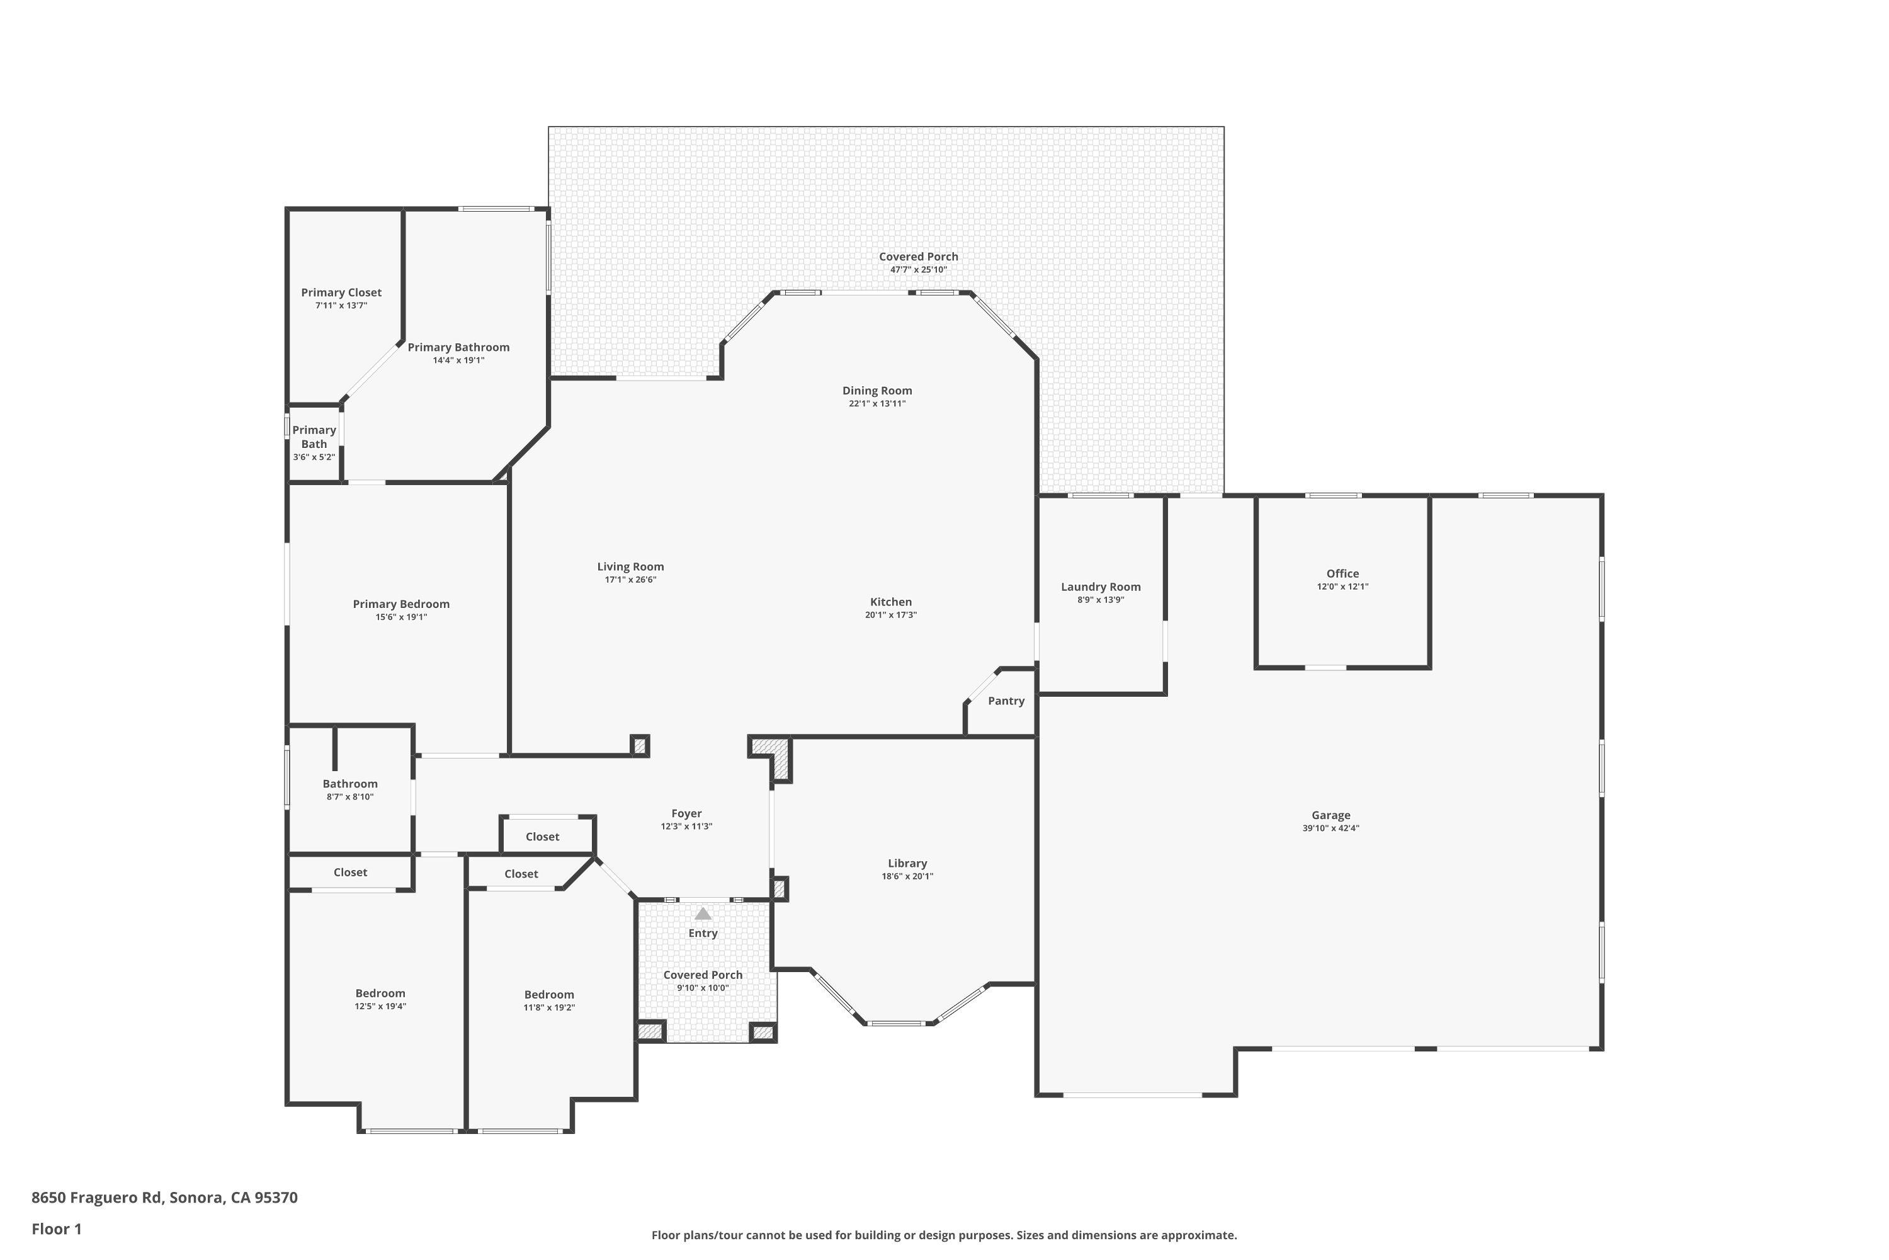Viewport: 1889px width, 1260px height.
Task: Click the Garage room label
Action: click(x=1331, y=815)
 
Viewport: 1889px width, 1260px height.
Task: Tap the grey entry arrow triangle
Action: click(x=703, y=913)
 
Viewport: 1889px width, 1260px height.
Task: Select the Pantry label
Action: click(x=1006, y=701)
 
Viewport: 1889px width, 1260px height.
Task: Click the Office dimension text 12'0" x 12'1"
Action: click(x=1342, y=587)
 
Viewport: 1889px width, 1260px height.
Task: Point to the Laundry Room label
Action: click(x=1100, y=587)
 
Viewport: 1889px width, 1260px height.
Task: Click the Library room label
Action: click(x=907, y=863)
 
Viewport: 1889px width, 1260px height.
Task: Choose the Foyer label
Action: click(x=686, y=813)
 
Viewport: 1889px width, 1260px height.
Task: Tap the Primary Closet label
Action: click(x=341, y=292)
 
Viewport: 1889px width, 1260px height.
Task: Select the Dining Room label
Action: click(x=877, y=391)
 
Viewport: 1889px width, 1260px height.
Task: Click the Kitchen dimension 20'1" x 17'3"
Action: click(x=891, y=615)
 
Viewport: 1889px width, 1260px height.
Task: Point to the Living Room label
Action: click(x=630, y=566)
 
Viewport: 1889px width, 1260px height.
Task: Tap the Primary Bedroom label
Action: click(x=400, y=604)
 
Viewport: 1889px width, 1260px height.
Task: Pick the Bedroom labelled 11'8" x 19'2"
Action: click(x=549, y=995)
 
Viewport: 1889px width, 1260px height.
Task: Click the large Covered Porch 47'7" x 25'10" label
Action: click(x=918, y=257)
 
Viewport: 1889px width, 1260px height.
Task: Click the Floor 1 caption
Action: click(x=56, y=1228)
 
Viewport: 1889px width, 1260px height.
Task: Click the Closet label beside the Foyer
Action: click(x=542, y=837)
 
